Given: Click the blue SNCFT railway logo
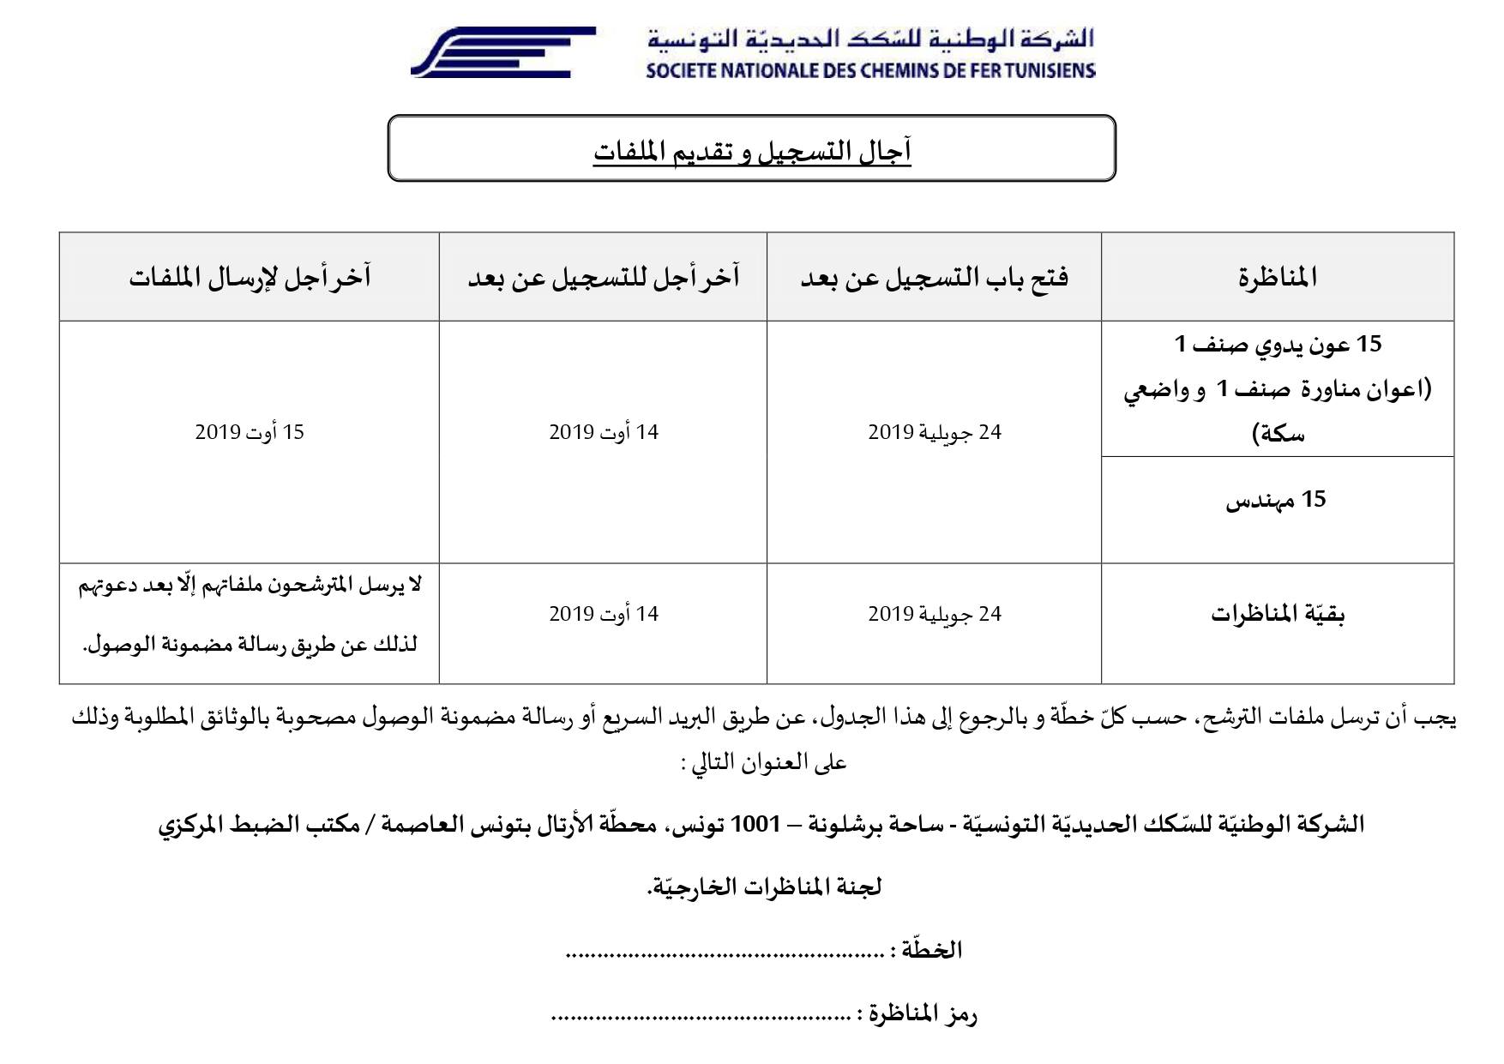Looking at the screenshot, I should coord(502,52).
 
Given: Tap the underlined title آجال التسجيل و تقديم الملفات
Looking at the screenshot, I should coord(751,152).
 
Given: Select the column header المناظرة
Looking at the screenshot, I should coord(1277,278).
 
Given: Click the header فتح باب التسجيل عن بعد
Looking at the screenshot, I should coord(934,278).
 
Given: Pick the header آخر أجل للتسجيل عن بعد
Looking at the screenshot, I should coord(603,278).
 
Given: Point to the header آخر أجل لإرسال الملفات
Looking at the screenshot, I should coord(250,278).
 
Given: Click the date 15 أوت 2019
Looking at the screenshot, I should coord(250,432).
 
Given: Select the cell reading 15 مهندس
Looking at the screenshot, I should coord(1276,500).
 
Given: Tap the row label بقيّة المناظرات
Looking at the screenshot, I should coord(1277,615).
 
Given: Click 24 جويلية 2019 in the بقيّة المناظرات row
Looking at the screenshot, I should coord(934,614).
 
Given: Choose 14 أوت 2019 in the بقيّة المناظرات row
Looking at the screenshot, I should coord(603,614).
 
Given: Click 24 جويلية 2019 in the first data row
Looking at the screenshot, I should coord(934,432).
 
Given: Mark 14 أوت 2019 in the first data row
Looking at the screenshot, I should coord(603,432).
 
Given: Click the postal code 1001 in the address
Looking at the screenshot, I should coord(755,825).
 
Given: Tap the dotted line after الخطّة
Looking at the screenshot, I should coord(725,952).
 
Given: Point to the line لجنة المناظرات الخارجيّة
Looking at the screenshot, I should coord(764,887).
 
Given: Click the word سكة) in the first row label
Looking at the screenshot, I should coord(1277,435).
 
